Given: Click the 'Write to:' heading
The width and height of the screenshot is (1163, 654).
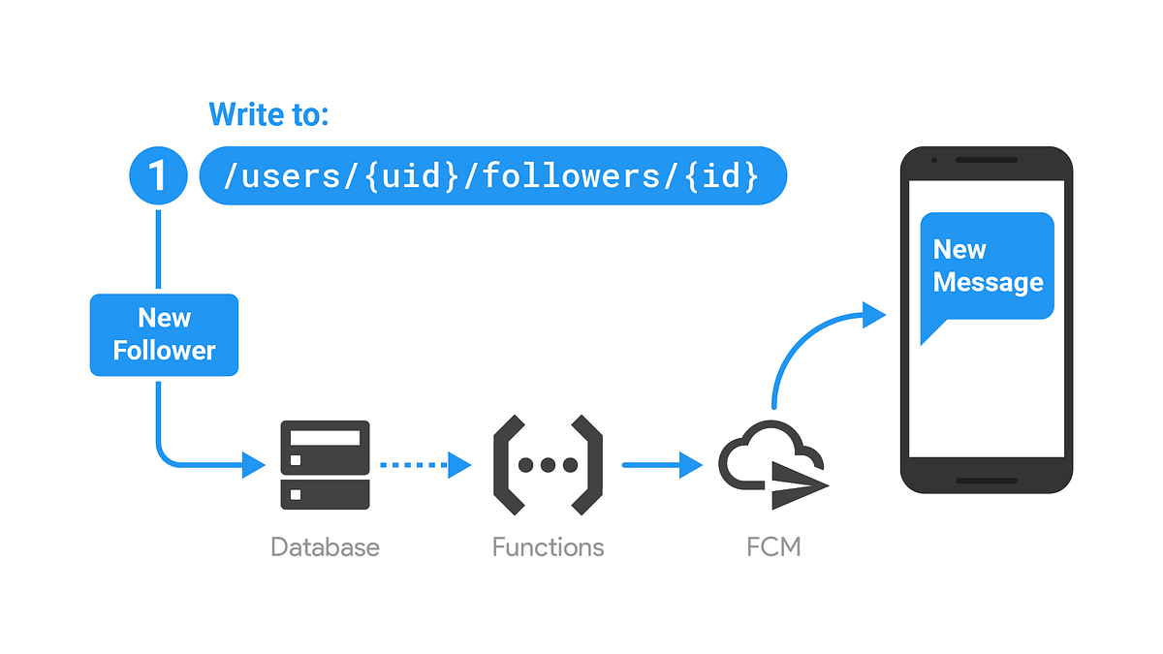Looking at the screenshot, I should coord(269,115).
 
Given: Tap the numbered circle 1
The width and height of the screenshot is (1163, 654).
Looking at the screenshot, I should coord(157,176).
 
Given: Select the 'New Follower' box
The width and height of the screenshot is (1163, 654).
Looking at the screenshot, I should coord(164,334).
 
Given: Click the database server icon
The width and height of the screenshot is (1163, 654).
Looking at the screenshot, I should coord(325,465).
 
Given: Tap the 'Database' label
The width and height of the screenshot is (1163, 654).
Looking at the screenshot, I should coord(325,547).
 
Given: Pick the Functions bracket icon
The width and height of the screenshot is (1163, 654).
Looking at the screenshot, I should coord(548,465).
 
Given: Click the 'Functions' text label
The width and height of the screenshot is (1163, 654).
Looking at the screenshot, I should coord(548,547).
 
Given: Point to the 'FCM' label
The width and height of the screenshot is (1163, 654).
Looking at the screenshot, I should coord(773,547).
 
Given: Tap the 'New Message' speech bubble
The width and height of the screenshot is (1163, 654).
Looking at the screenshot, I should coord(987,266).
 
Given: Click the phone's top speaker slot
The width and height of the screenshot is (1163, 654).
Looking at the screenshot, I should coord(987,160).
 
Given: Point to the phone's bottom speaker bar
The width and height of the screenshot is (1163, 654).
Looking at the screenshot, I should coord(987,481).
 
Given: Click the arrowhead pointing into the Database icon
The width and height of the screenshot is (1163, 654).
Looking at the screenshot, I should coord(254,465).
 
